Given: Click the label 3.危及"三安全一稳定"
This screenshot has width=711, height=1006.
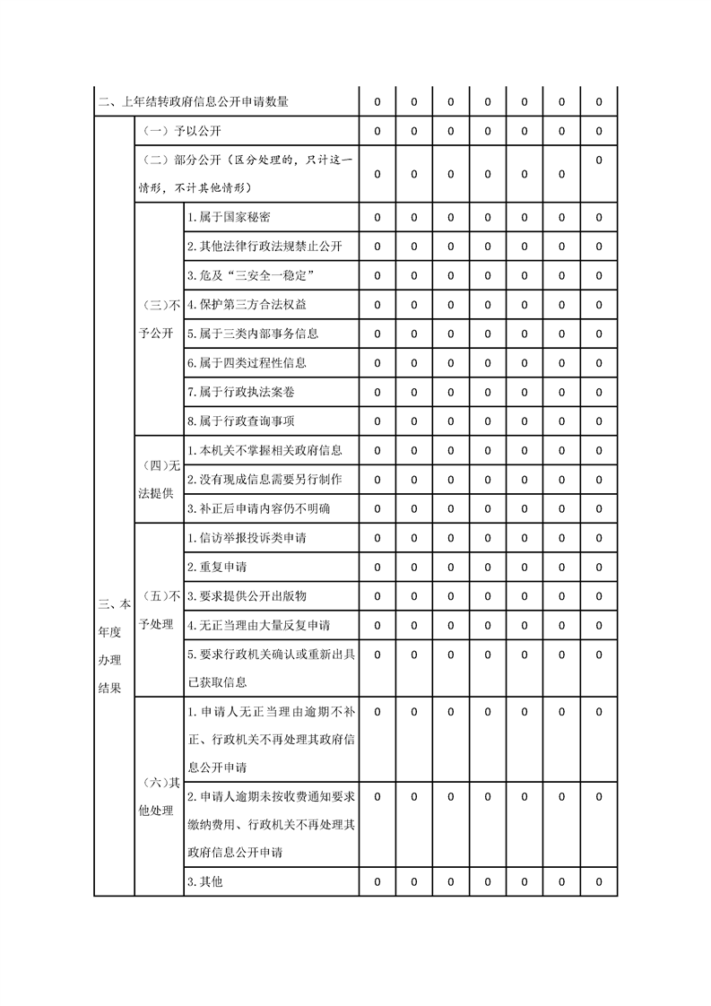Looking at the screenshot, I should point(250,275).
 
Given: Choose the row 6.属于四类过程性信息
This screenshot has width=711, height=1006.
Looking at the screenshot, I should point(247,363).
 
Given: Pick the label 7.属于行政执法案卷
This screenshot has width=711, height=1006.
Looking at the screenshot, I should point(240,392).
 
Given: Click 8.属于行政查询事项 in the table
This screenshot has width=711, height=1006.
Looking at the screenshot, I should point(240,421).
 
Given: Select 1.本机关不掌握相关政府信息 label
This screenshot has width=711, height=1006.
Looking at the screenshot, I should point(264,450).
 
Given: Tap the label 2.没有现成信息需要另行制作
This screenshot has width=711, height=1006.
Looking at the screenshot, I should point(264,480).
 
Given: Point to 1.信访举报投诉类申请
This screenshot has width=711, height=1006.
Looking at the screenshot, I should point(247,538).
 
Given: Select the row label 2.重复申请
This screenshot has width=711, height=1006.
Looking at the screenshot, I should point(217,568).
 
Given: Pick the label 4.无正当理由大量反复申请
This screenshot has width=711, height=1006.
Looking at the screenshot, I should point(258,625).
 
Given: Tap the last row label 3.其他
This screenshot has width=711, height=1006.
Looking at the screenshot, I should point(204,881).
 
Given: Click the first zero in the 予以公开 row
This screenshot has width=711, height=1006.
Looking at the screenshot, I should point(377,131).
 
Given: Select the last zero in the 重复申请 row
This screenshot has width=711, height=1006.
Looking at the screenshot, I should point(598,568).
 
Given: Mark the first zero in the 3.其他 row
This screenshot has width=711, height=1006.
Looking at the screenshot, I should point(377,881).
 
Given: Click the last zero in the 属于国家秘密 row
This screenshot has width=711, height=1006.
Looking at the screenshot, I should point(598,218).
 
